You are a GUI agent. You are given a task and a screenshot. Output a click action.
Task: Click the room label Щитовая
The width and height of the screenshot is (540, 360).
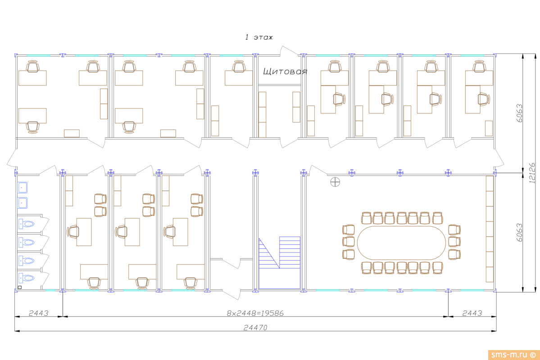[285, 72]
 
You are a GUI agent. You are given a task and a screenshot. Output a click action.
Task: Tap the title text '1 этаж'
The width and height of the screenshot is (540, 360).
[259, 37]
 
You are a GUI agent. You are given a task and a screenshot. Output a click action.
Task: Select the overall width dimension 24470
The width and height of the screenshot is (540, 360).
[255, 328]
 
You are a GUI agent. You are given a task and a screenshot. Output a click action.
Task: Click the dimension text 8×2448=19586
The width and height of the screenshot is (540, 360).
[255, 313]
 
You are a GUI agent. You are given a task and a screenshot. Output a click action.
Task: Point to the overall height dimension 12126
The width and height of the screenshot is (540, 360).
[532, 173]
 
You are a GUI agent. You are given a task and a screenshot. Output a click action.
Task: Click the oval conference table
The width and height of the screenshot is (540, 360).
[401, 242]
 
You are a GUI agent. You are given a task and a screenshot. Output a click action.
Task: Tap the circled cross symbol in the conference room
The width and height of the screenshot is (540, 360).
[335, 182]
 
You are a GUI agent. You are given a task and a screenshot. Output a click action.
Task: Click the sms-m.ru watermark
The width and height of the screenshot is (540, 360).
[513, 354]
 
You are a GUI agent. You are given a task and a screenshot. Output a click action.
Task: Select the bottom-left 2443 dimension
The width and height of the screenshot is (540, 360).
[38, 313]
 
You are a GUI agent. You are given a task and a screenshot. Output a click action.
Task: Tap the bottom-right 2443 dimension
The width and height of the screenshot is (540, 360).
[472, 313]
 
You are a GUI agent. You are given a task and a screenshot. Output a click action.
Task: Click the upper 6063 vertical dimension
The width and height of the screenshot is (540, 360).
[519, 113]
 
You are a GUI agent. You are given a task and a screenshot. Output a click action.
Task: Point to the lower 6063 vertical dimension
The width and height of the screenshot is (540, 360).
[519, 232]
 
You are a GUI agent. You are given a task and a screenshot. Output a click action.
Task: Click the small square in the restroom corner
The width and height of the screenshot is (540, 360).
[19, 287]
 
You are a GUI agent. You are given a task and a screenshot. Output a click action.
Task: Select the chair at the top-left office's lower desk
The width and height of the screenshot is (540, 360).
[32, 127]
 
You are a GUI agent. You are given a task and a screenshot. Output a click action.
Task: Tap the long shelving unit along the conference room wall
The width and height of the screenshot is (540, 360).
[489, 229]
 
